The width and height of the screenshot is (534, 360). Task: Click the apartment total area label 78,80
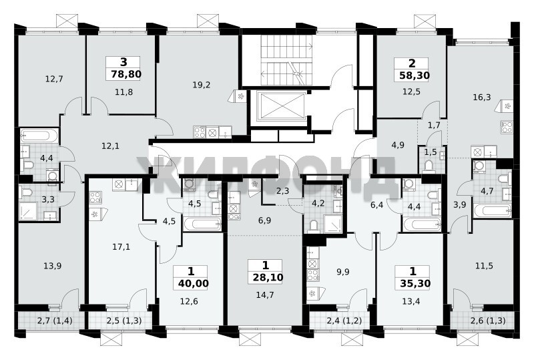(x=126, y=74)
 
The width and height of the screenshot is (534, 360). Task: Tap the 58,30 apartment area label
(x=414, y=75)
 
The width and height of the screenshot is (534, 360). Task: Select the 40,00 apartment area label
(x=193, y=283)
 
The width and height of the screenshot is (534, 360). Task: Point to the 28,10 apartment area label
(x=268, y=277)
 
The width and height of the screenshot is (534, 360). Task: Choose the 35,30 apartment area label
(x=415, y=283)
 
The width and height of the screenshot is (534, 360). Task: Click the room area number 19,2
(x=202, y=85)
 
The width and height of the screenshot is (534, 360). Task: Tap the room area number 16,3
(x=482, y=97)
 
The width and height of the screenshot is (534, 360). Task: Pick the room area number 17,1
(x=121, y=246)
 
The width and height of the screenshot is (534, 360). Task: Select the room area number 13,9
(x=53, y=266)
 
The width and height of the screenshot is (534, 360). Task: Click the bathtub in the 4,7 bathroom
(x=493, y=210)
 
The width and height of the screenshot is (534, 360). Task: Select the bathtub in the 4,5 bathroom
(x=202, y=224)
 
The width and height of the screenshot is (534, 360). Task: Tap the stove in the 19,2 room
(x=200, y=132)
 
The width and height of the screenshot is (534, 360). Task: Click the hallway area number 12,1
(x=110, y=146)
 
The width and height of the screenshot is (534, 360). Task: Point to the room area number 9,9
(x=342, y=272)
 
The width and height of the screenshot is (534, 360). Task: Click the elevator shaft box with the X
(x=281, y=106)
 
